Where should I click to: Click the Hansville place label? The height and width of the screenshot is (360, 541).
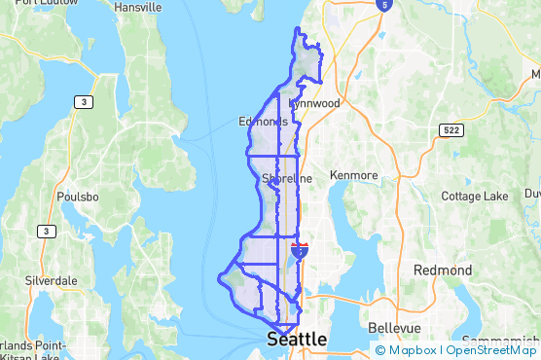[x=137, y=7]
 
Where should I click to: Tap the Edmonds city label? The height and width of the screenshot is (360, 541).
[x=263, y=122]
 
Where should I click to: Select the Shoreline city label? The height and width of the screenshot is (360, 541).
[x=287, y=179]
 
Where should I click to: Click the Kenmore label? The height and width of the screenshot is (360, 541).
[x=353, y=175]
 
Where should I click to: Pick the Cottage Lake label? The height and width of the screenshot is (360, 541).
[x=474, y=196]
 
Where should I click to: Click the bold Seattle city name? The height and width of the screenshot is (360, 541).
[x=296, y=340]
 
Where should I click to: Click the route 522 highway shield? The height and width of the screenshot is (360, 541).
[x=450, y=102]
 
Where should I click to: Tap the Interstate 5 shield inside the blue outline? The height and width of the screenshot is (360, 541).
[x=300, y=251]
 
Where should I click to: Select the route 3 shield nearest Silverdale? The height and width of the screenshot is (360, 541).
[x=46, y=231]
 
